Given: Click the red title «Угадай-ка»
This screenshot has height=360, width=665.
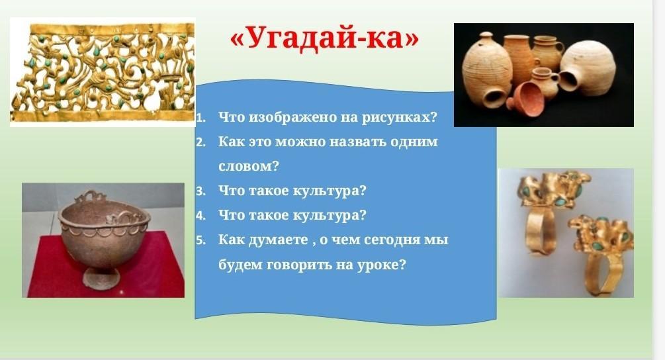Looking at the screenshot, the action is point(324,38).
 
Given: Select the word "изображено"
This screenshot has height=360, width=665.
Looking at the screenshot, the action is point(293,117).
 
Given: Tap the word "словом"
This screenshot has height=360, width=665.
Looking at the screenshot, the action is point(245,166).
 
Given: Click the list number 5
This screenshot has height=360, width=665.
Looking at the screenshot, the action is point(200,240).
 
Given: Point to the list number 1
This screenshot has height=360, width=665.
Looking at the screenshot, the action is point(200,118).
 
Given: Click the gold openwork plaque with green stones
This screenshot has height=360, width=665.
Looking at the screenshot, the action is point(103,72).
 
